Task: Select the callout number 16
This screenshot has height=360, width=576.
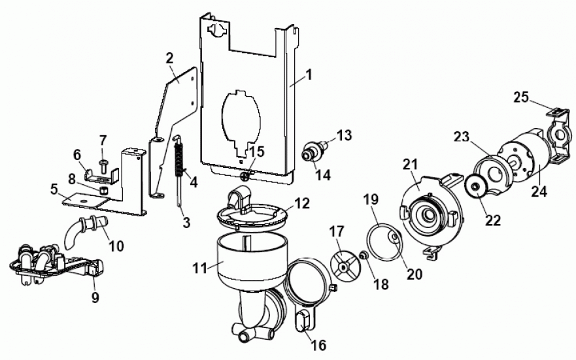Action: (318, 345)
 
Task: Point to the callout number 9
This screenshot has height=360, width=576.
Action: (95, 299)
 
